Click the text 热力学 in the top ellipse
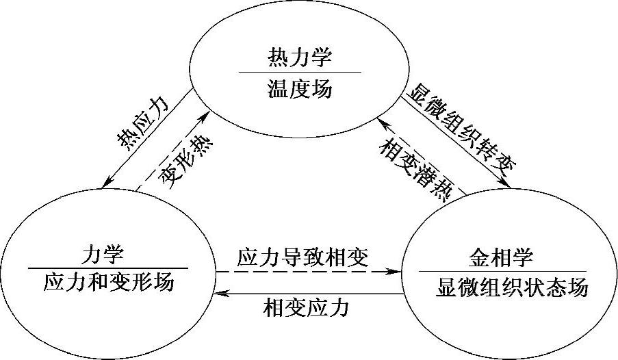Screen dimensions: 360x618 tap(300, 57)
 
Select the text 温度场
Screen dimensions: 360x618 tap(300, 88)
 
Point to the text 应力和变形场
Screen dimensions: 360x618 tap(109, 282)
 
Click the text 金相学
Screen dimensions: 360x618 tap(502, 258)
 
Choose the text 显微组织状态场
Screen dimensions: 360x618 tap(511, 287)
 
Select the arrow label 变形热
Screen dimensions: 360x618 tap(185, 164)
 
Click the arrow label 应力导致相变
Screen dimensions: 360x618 tap(302, 257)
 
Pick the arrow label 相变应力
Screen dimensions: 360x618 tap(305, 307)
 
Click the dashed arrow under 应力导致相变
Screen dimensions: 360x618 tap(308, 272)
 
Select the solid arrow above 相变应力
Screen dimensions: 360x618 tap(308, 293)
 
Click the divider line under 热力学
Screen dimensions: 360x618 tap(300, 71)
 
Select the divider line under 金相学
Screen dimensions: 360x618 tap(502, 272)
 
